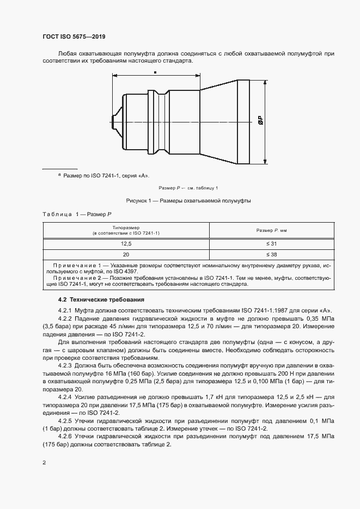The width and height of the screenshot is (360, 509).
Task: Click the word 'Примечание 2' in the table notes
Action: (x=82, y=278)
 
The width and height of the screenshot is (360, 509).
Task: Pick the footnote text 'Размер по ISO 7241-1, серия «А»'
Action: (x=106, y=176)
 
